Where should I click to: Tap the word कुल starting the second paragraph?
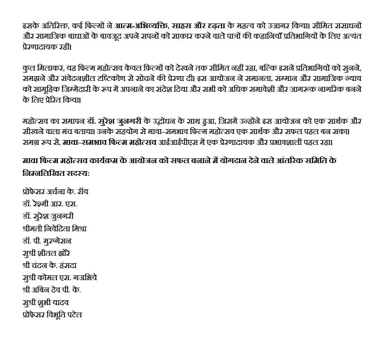click(x=28, y=68)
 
